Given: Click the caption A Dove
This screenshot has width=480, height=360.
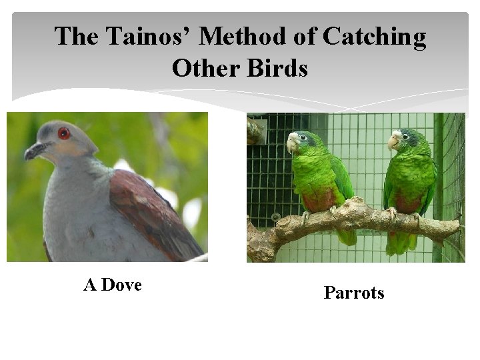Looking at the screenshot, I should pos(113,285).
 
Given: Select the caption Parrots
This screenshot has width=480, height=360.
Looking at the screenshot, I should pos(354,293).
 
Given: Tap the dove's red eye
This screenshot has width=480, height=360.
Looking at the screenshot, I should pos(64,133).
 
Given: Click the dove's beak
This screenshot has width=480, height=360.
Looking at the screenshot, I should pos(33,151).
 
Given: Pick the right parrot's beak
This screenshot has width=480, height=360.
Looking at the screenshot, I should pos(393,142).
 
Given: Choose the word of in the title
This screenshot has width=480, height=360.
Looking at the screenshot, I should pos(301,37).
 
